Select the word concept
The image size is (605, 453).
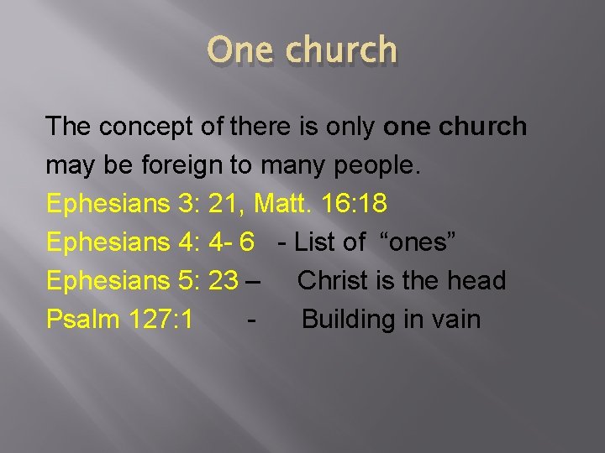[x=147, y=127]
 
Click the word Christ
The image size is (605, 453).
[x=334, y=280]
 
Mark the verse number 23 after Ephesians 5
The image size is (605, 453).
[x=223, y=280]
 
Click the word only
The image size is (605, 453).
[x=345, y=127]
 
